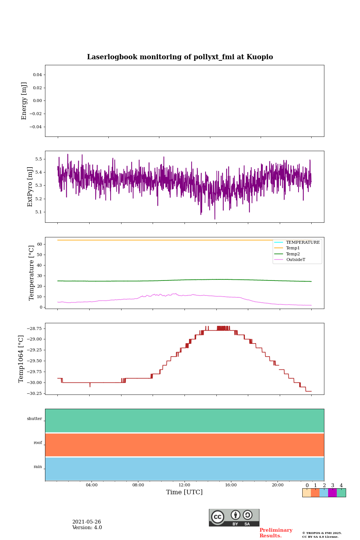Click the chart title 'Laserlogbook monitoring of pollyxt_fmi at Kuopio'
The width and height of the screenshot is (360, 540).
[180, 57]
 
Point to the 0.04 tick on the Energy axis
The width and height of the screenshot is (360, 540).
[37, 75]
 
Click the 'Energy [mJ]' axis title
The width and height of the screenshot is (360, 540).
[24, 101]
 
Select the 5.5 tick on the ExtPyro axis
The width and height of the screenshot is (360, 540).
[39, 159]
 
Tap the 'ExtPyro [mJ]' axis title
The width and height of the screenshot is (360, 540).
[30, 187]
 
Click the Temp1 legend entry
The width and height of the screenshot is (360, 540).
[293, 248]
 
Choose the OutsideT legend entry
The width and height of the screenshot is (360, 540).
[295, 259]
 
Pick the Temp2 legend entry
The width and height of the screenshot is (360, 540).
[293, 254]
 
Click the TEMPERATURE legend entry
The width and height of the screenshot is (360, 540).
[303, 242]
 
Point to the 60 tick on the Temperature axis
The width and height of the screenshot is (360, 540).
[39, 244]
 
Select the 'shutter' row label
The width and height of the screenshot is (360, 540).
[34, 419]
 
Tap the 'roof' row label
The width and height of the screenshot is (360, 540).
[38, 443]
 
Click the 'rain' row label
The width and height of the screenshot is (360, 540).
[38, 467]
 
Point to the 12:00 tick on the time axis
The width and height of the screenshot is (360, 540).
[184, 485]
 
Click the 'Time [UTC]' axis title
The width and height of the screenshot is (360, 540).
[184, 492]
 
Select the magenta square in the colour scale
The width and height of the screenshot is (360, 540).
[332, 493]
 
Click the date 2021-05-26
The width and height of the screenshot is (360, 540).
[87, 522]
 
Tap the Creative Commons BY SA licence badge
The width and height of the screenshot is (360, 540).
[234, 517]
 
